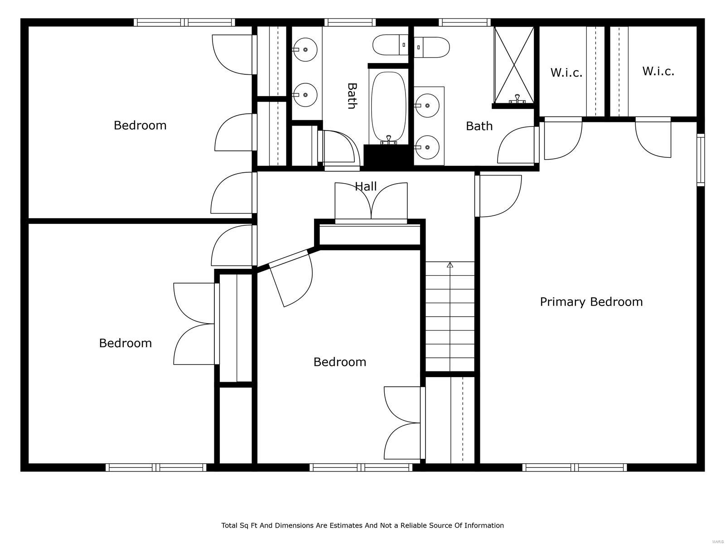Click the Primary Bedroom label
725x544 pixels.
tap(591, 302)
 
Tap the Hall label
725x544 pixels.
tap(365, 186)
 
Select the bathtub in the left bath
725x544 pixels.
tap(388, 107)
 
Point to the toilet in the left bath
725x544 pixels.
tap(390, 44)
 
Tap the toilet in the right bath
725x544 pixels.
tap(432, 47)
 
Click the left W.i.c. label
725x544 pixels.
tap(566, 73)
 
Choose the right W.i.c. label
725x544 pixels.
tap(658, 71)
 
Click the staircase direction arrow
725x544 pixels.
tap(450, 265)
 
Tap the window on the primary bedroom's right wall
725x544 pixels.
tap(701, 160)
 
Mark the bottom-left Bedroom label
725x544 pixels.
tap(125, 343)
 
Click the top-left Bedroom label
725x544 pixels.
tap(140, 125)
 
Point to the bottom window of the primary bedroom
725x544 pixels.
tap(575, 467)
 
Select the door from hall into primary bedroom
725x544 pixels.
tap(498, 196)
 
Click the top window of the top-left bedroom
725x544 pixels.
tap(184, 22)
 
